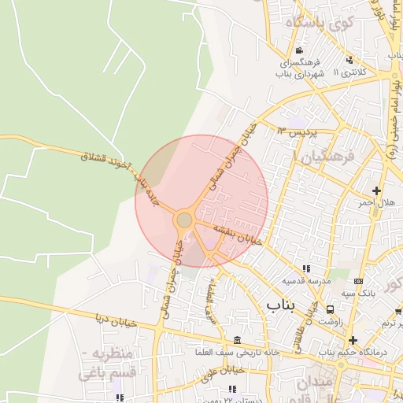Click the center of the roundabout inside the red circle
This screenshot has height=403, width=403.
185,220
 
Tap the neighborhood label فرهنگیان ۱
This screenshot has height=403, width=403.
324,157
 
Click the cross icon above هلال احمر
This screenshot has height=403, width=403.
377,191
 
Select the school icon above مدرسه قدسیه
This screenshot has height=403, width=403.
306,269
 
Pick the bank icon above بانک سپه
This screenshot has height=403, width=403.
359,281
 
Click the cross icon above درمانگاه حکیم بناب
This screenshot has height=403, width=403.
353,340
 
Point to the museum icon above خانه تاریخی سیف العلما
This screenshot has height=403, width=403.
238,339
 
